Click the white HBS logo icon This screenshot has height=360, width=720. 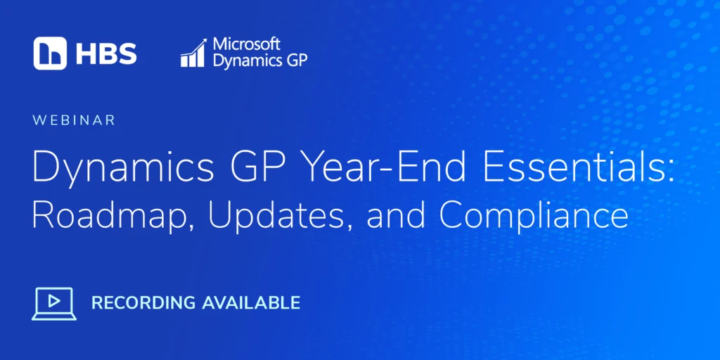pos(50,53)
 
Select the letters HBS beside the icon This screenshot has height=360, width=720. pos(107,53)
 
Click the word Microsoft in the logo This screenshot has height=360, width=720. pos(246,44)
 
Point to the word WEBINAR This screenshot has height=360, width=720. pos(73,120)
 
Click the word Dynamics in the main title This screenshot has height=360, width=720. pos(123,169)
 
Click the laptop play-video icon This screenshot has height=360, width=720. pos(54,304)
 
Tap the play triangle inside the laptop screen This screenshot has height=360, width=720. pos(55,301)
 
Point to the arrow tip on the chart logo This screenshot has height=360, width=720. pos(206,39)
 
